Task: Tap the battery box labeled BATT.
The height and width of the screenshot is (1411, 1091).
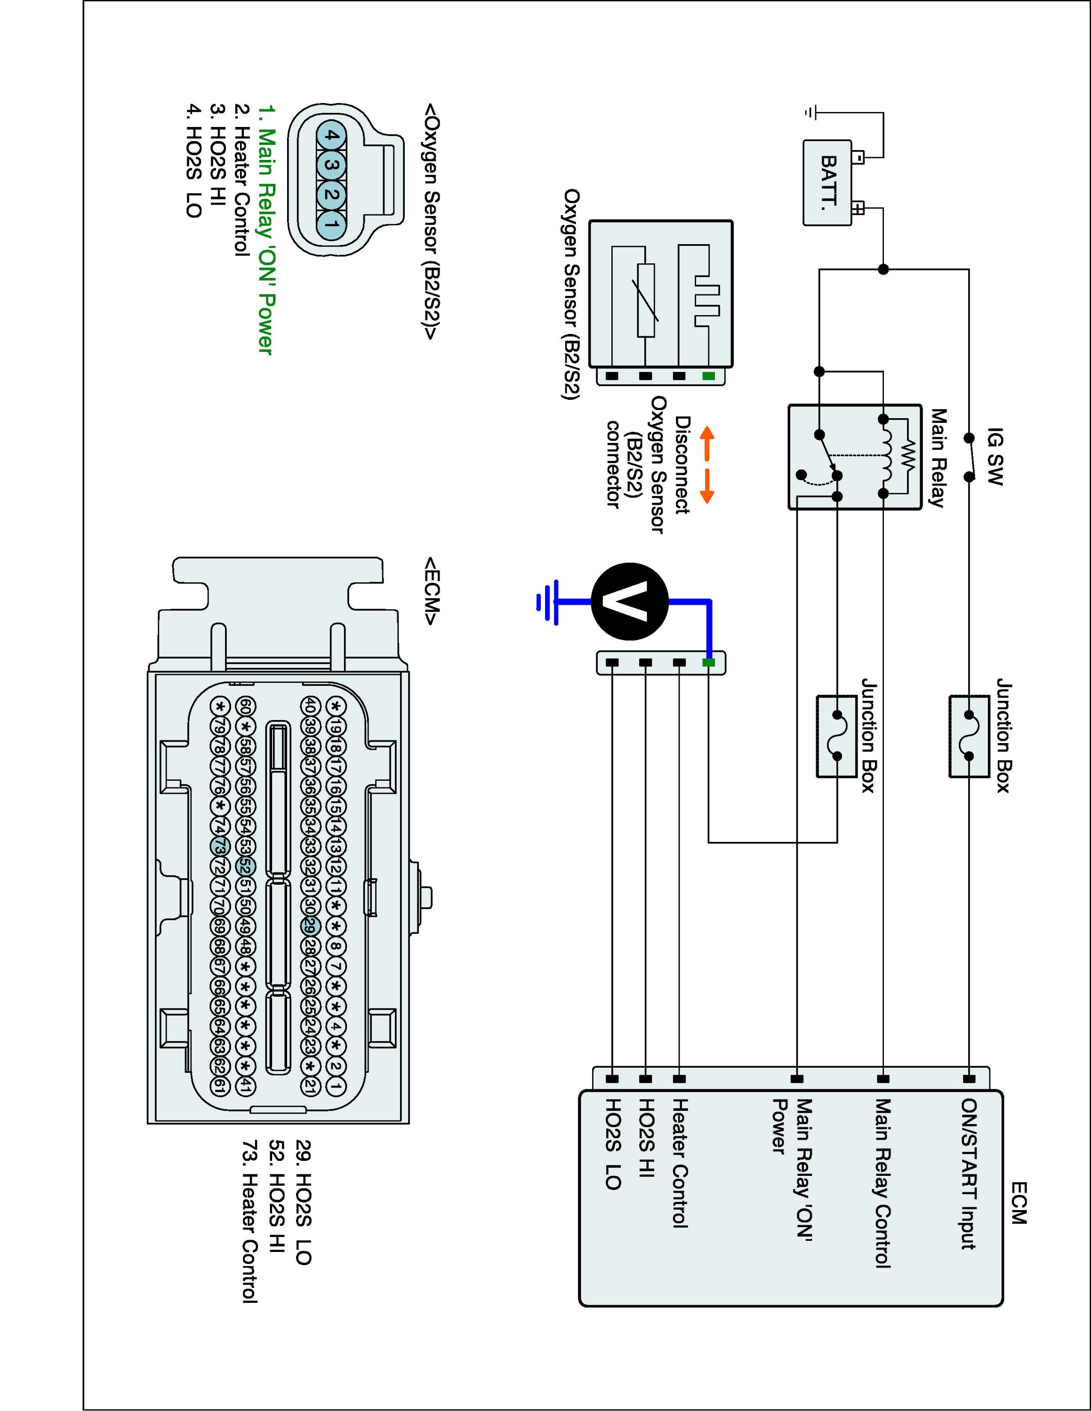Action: pos(826,183)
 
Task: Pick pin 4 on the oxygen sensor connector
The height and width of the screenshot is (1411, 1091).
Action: pos(331,135)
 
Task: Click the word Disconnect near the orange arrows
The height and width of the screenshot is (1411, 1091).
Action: pos(682,465)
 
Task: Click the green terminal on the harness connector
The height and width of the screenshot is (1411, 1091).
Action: pos(709,662)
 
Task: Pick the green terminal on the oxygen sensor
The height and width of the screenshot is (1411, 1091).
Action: pos(709,375)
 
